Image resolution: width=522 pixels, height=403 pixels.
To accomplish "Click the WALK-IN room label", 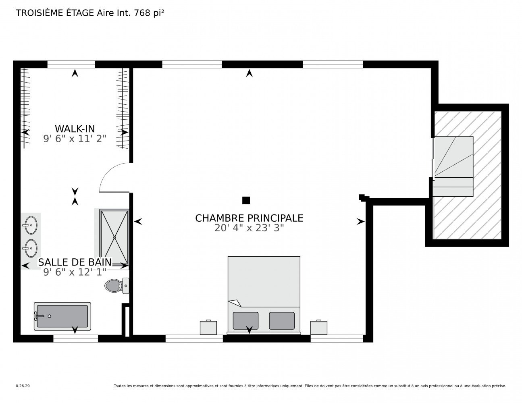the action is [75, 129].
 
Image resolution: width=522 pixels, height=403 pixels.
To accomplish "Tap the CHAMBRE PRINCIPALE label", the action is [249, 218].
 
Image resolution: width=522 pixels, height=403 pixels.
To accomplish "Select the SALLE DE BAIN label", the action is [75, 262].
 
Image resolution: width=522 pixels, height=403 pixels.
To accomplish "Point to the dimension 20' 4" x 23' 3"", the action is [249, 228].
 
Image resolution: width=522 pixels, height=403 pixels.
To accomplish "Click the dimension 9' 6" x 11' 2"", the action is [75, 139].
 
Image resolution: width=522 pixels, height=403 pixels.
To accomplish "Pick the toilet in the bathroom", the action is [117, 286].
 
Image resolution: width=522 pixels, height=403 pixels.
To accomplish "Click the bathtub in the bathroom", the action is [62, 316].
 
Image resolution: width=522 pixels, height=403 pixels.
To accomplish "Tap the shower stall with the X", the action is [114, 237].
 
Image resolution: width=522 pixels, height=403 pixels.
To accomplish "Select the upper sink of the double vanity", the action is [30, 225].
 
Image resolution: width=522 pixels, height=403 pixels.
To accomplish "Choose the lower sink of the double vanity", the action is [30, 248].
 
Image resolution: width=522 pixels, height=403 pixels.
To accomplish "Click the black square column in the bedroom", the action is [246, 200].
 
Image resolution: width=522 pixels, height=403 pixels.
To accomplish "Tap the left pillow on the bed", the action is [245, 321].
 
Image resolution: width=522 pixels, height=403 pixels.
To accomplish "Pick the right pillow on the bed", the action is [282, 321].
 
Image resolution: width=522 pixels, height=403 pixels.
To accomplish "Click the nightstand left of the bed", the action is [208, 327].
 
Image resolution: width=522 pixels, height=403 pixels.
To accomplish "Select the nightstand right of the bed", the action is [319, 327].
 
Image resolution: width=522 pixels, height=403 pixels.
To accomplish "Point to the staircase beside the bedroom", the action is [453, 166].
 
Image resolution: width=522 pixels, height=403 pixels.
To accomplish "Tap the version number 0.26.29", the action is [23, 386].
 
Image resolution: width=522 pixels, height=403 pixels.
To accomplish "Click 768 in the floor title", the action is [142, 13].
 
